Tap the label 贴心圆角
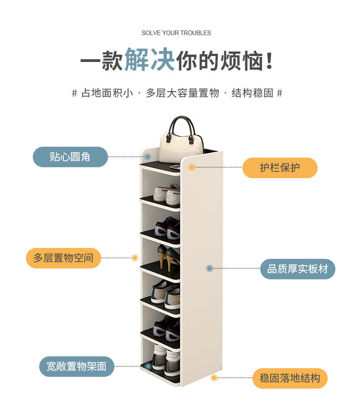70,157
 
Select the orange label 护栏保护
280,168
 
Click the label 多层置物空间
63,258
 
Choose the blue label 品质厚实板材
298,269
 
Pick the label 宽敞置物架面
77,366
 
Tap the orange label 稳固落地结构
290,378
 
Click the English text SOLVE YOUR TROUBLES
176,33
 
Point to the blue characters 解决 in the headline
150,60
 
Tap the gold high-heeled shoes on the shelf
169,257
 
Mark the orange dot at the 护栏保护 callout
192,167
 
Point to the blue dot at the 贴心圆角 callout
148,157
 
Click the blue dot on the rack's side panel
210,268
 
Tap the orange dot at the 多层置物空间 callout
135,258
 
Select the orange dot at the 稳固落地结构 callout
214,378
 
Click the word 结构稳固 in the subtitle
252,93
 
